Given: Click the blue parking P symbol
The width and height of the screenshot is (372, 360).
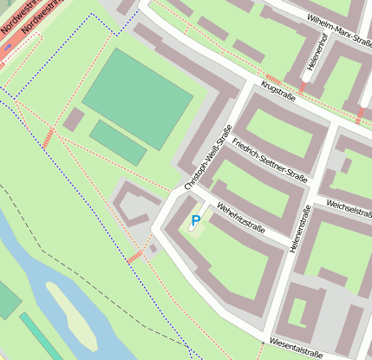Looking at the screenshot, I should pyautogui.click(x=196, y=221).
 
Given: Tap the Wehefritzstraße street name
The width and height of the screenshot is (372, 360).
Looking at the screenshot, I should pyautogui.click(x=240, y=220).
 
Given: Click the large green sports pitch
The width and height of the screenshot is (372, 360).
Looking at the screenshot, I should pyautogui.click(x=137, y=87).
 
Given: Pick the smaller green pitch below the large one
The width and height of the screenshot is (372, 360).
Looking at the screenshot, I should pyautogui.click(x=119, y=141).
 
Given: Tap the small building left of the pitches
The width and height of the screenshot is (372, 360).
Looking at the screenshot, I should pyautogui.click(x=74, y=120).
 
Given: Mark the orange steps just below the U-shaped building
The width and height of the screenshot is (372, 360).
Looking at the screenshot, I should pyautogui.click(x=134, y=257).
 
